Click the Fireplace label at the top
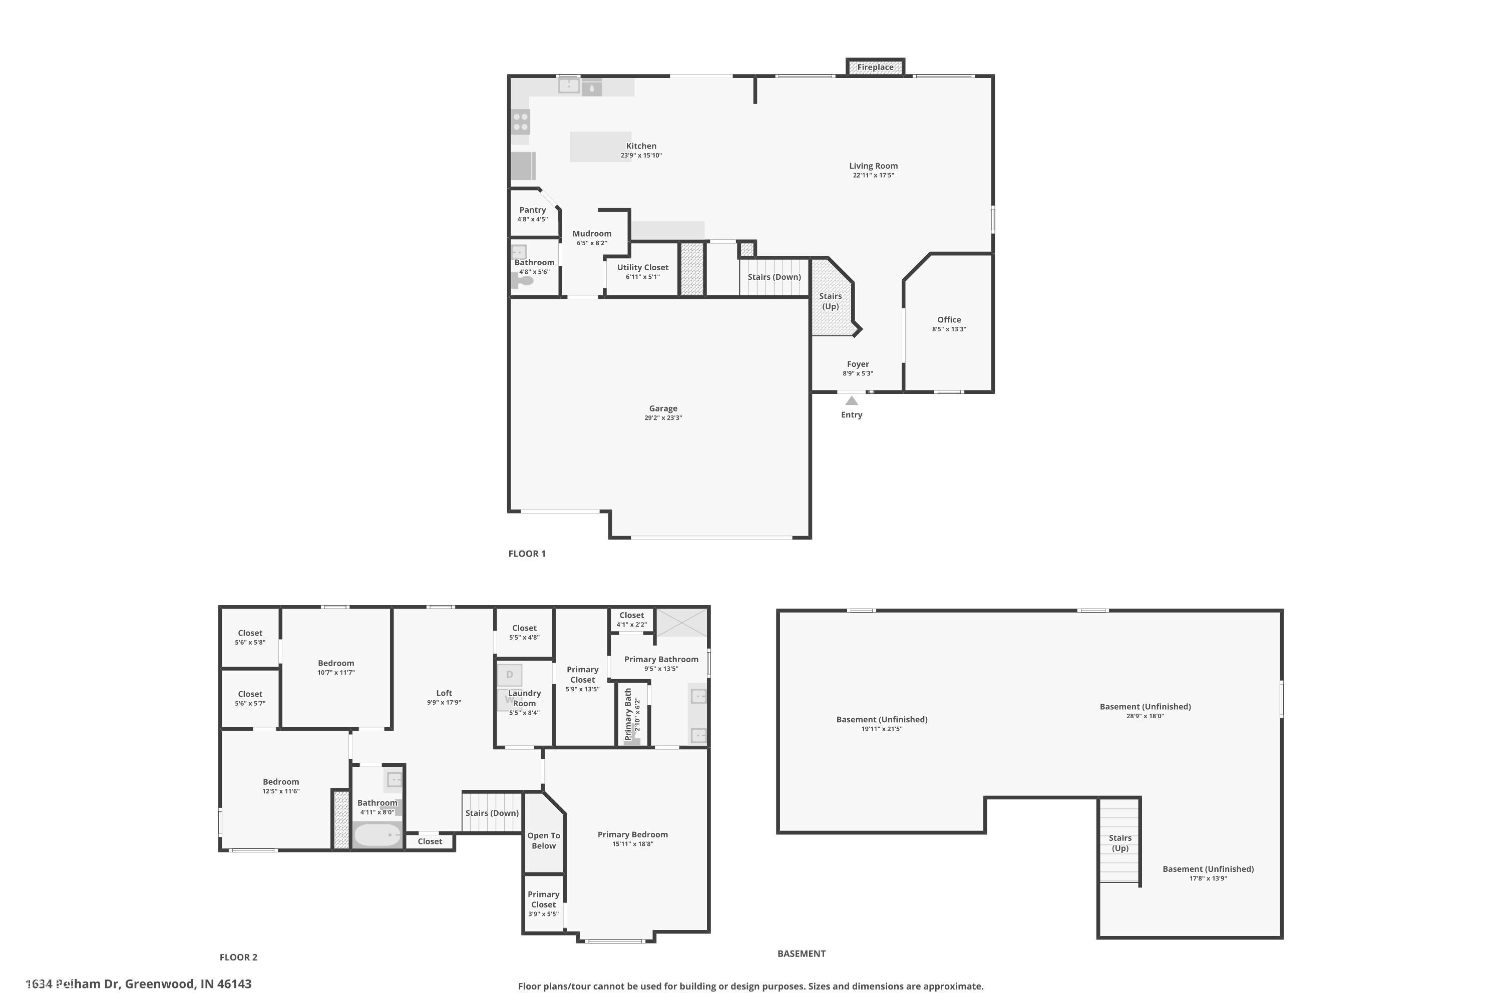pos(875,67)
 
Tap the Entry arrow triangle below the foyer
pos(851,401)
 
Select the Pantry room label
pos(532,210)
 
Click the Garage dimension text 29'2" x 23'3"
pos(663,418)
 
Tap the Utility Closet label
pos(642,267)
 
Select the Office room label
pos(949,320)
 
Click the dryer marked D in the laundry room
pos(510,675)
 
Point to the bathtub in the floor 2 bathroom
pos(377,835)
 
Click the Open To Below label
pos(543,841)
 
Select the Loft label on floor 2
pos(444,693)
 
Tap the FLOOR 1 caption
pos(527,554)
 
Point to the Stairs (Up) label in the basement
pos(1119,843)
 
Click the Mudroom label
pos(591,234)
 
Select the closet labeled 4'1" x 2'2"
pos(631,619)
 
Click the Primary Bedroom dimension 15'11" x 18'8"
pos(632,844)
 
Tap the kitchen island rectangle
pos(600,147)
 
